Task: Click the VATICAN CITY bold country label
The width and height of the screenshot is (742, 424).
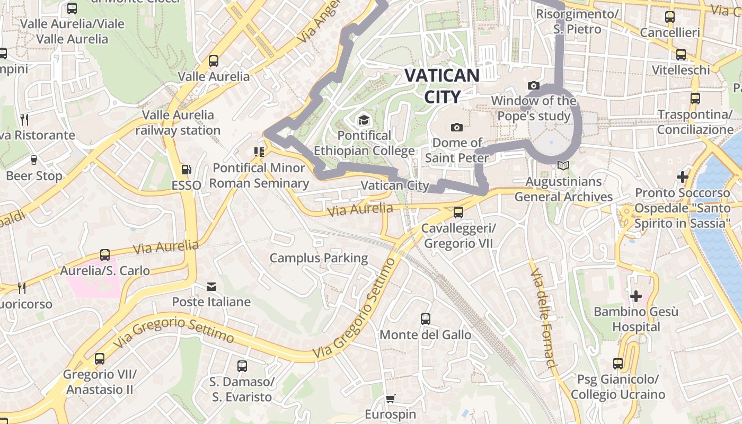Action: coord(441,85)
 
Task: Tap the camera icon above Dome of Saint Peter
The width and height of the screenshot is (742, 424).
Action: coord(456,127)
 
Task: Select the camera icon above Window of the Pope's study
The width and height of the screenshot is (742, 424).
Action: coord(533,86)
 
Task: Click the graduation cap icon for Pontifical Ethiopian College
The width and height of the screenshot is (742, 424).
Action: coord(364,120)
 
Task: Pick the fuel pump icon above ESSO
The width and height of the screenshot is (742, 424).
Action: coord(186,170)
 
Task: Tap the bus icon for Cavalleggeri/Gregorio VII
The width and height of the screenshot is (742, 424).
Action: coord(458,213)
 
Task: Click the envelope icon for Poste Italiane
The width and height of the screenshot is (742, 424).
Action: coord(211,287)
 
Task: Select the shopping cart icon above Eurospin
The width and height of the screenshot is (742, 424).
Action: coord(390,399)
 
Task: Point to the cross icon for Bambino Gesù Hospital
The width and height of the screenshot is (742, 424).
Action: coord(635,296)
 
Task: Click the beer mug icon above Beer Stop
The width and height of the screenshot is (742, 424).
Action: coord(34,160)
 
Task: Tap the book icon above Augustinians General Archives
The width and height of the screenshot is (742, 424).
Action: coord(563,166)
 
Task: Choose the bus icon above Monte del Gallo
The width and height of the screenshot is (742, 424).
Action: coord(425,319)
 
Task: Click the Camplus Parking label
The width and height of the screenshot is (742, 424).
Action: coord(319,258)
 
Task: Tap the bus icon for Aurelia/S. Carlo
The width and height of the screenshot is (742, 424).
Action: coord(104,255)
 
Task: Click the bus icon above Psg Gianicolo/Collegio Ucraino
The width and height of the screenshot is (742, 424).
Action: coord(618,364)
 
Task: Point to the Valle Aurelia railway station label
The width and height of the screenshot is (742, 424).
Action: coord(178,122)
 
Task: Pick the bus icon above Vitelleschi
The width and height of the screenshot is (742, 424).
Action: coord(681,54)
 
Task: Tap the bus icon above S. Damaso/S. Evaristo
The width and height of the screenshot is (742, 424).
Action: coord(242,366)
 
